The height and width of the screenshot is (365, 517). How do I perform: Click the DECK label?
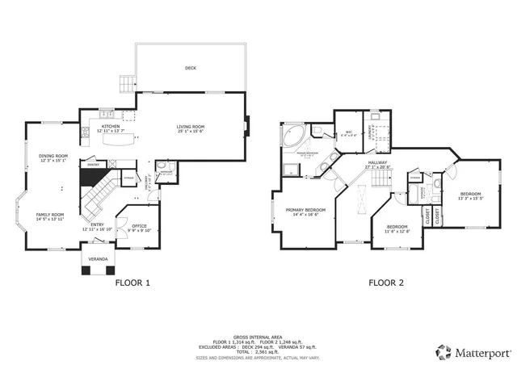click(191, 68)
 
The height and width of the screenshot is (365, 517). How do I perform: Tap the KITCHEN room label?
click(110, 126)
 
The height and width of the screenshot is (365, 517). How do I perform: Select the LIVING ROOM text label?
click(191, 126)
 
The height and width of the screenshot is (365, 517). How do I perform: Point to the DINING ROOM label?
click(53, 155)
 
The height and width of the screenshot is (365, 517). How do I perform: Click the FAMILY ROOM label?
click(49, 215)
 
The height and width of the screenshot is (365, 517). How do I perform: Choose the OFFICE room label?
click(139, 225)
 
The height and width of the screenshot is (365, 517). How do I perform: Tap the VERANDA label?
click(98, 258)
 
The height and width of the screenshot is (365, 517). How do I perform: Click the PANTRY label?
click(93, 165)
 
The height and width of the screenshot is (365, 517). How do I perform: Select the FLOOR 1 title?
click(132, 283)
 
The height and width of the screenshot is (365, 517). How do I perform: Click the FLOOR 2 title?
click(385, 283)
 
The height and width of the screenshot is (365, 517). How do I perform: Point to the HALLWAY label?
click(378, 162)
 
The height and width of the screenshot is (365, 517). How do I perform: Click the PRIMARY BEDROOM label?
click(310, 210)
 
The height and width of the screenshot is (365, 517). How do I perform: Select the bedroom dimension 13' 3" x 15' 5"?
click(471, 198)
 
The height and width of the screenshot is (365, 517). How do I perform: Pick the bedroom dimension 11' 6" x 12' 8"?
click(397, 230)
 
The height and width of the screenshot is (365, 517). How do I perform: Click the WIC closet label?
click(347, 132)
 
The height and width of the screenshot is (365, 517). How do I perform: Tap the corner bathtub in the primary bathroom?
click(292, 135)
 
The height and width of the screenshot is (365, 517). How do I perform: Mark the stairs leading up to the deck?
click(126, 83)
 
